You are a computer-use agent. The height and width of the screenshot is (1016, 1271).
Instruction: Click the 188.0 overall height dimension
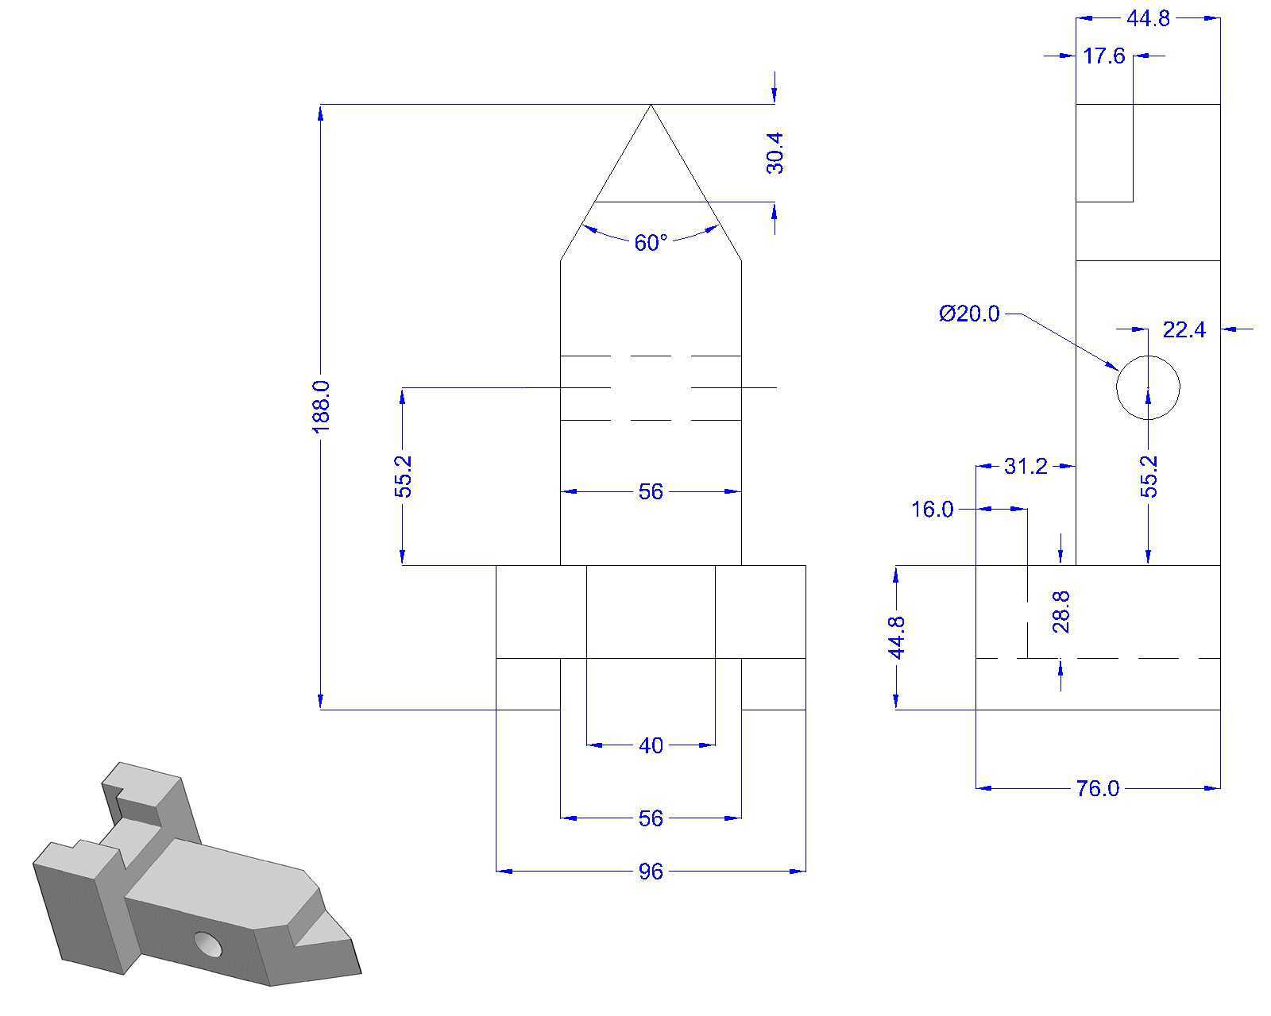[321, 406]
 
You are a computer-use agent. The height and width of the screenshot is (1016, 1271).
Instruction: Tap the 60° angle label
[651, 243]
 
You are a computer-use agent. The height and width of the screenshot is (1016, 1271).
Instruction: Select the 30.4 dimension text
[775, 153]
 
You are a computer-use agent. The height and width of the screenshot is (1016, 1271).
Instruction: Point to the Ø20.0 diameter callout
[969, 314]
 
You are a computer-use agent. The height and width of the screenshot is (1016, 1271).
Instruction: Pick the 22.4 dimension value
[1184, 329]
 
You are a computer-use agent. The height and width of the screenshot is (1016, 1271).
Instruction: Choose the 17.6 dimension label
[1104, 56]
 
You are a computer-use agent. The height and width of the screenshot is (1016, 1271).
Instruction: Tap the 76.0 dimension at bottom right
[1097, 789]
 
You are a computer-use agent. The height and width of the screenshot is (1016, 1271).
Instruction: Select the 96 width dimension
[651, 872]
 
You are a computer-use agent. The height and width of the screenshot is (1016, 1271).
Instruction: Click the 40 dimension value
[651, 745]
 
